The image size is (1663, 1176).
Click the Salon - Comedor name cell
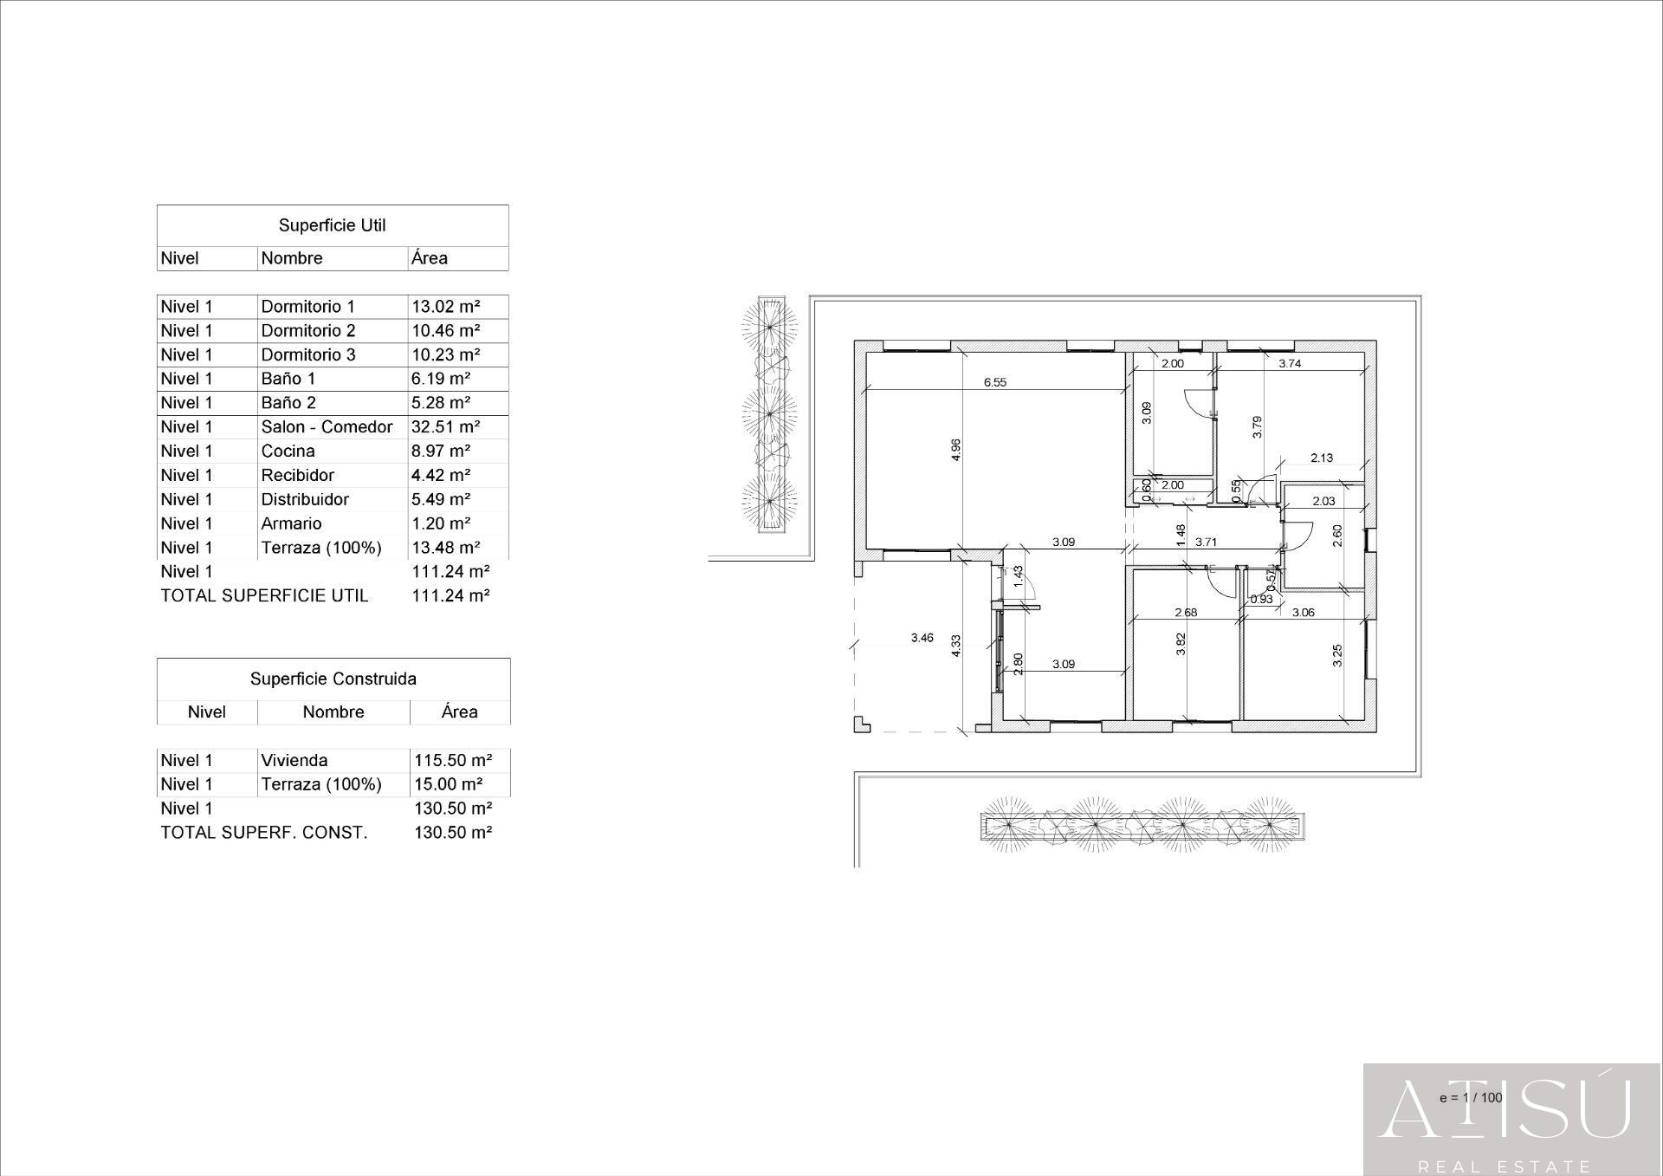pos(327,426)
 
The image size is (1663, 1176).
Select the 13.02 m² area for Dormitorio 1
pos(445,306)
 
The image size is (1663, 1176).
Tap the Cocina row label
pos(288,451)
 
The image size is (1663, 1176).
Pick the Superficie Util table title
pos(332,225)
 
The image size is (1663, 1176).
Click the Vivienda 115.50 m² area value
pos(453,760)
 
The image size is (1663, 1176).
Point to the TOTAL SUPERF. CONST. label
pos(263,832)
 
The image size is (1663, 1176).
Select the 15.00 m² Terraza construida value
pos(448,784)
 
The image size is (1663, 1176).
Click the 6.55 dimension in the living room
pos(994,382)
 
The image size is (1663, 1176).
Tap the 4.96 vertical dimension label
pos(955,449)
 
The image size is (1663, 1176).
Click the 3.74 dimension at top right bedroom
pos(1290,364)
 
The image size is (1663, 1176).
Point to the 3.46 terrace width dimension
pos(922,638)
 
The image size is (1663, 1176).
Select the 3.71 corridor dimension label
pos(1206,543)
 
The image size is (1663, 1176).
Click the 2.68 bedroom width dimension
pos(1185,612)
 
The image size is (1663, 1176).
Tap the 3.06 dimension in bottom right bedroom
pos(1303,612)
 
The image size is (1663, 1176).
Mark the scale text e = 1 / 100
pos(1470,1097)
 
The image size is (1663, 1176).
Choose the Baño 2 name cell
pos(288,403)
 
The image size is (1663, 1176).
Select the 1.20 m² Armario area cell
pos(441,523)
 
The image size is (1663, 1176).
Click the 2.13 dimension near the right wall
pos(1322,458)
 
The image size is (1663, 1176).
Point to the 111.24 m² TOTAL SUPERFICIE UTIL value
pos(450,595)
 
